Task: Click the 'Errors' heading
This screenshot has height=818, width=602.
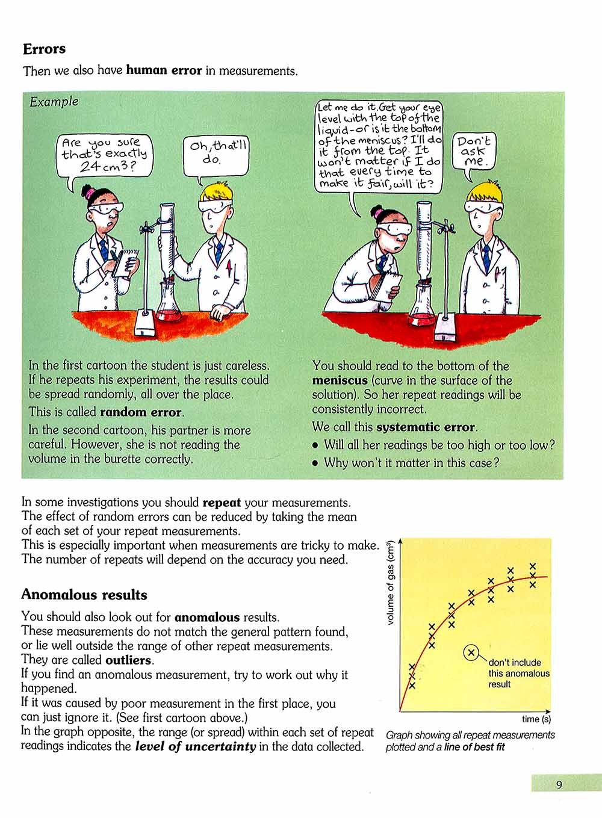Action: (x=44, y=49)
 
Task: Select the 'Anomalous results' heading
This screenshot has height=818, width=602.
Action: (x=84, y=595)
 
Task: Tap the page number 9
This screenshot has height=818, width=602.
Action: (x=559, y=784)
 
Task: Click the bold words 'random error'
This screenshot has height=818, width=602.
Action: (x=140, y=412)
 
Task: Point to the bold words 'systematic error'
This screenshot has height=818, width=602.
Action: (x=426, y=427)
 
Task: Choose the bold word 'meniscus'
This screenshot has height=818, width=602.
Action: (x=340, y=380)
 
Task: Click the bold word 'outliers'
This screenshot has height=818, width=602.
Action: (x=128, y=660)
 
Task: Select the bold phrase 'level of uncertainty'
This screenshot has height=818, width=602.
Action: (x=196, y=747)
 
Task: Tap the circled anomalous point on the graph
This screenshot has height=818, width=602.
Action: (x=471, y=652)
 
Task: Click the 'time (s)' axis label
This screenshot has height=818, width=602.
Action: (x=536, y=719)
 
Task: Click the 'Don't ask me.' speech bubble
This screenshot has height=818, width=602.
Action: (x=474, y=151)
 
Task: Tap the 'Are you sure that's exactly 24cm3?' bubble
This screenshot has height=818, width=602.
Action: (x=105, y=153)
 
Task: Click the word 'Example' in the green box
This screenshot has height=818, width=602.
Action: (x=54, y=101)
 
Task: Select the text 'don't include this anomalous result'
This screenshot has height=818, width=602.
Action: (x=518, y=673)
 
